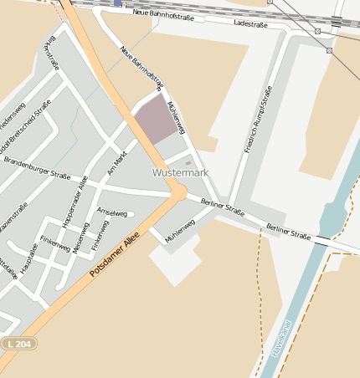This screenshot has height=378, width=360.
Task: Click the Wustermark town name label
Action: click(x=180, y=172)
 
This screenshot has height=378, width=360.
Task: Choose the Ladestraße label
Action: click(x=251, y=24)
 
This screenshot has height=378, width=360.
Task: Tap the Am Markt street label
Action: click(x=116, y=164)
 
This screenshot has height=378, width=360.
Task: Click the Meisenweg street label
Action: click(x=80, y=237)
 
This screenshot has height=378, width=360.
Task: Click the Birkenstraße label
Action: click(x=51, y=52)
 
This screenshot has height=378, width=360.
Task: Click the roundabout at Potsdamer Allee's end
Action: click(x=178, y=193)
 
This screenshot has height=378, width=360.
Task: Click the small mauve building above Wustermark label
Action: click(x=188, y=162)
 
